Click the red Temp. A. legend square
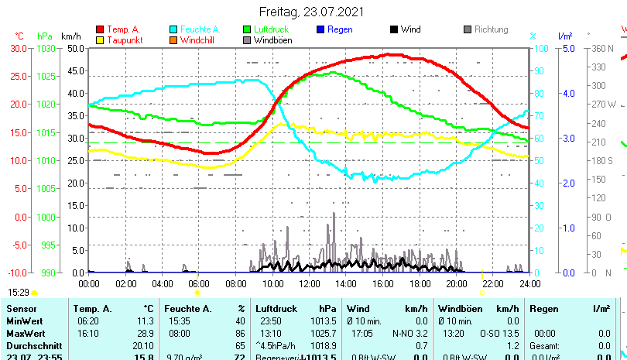[99, 29]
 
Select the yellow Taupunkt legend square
[99, 39]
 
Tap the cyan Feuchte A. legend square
[173, 29]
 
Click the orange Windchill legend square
[173, 39]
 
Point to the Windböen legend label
[272, 39]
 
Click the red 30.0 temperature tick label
[19, 48]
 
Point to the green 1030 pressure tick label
[46, 48]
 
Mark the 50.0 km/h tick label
[75, 48]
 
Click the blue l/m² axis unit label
[565, 36]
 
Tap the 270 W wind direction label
[604, 105]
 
